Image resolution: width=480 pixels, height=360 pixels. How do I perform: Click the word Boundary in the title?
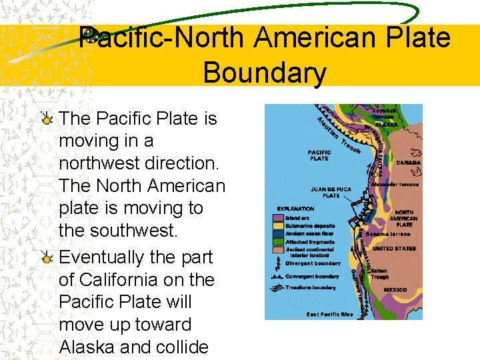[x=265, y=72]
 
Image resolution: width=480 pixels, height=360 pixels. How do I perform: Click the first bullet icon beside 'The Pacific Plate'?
[x=47, y=119]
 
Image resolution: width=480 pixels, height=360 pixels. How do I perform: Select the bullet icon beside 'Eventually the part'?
[x=47, y=258]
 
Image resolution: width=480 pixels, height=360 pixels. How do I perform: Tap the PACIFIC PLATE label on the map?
[x=319, y=155]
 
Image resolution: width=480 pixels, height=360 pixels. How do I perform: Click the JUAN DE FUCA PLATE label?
[x=331, y=193]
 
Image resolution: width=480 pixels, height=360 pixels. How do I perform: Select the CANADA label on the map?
[x=408, y=162]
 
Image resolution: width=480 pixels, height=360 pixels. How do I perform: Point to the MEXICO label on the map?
[x=395, y=290]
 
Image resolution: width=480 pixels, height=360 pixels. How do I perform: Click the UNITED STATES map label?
[x=393, y=248]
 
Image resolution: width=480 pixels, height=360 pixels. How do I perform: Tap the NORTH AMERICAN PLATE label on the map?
[x=403, y=218]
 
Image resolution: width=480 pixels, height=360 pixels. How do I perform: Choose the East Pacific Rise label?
[x=329, y=314]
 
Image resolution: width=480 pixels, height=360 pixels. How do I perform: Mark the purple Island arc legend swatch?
[x=278, y=217]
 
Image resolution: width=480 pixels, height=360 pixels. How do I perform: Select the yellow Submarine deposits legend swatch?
[x=278, y=225]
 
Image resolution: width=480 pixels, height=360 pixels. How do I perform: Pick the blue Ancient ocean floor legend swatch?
[x=278, y=233]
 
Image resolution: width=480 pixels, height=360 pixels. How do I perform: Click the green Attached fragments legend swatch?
[x=278, y=241]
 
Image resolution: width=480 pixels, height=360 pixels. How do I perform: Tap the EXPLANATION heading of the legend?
[x=295, y=209]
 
